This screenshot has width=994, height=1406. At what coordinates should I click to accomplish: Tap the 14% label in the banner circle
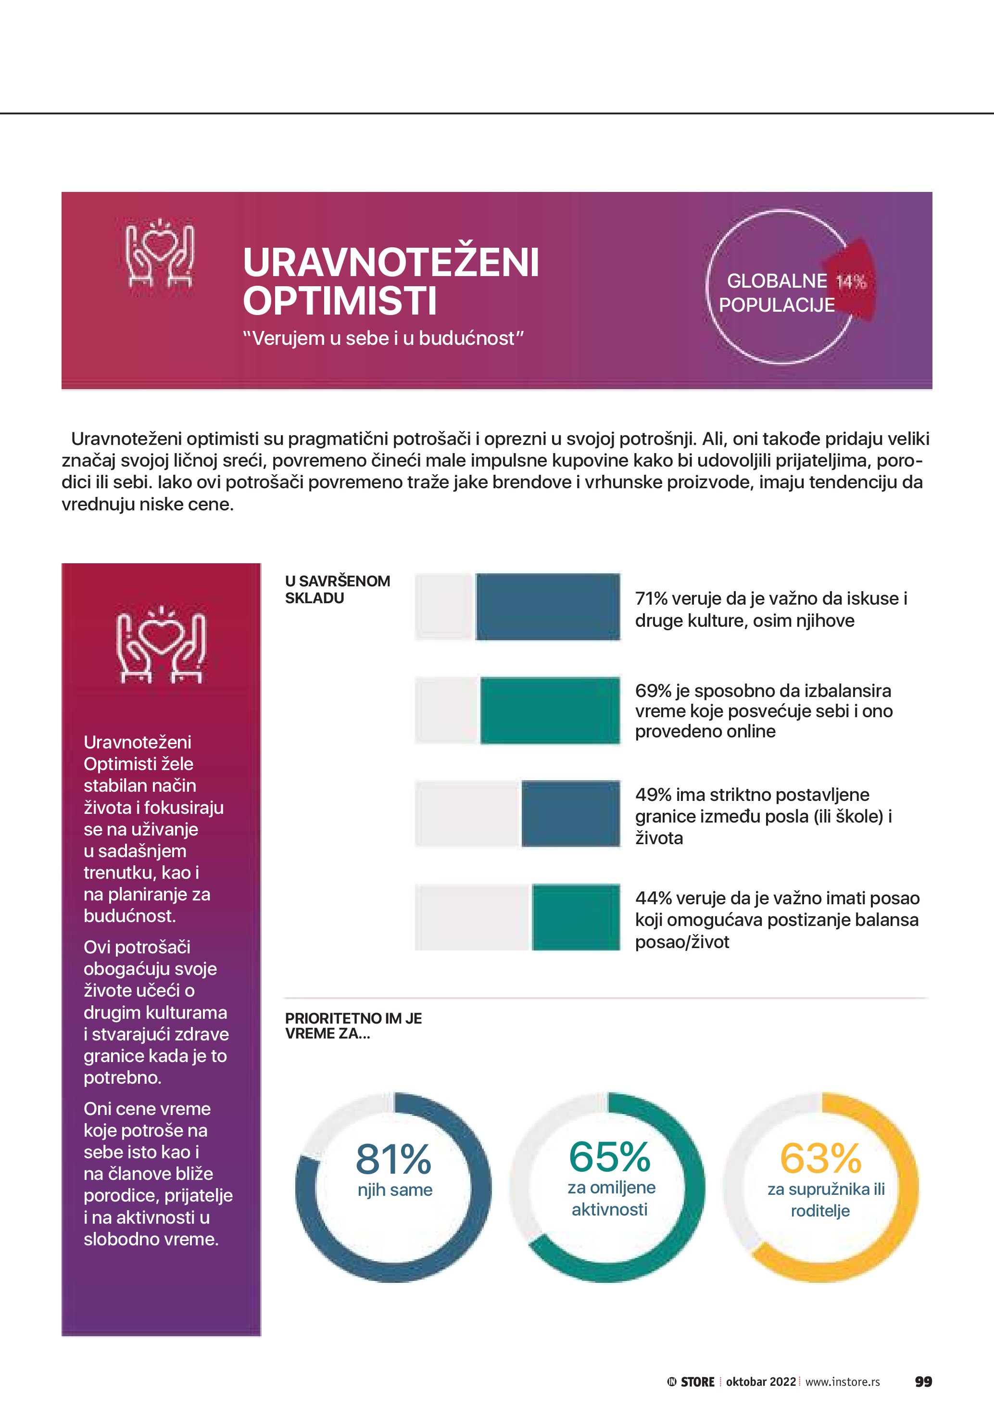(851, 282)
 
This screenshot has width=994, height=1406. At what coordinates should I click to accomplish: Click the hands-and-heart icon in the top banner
(160, 253)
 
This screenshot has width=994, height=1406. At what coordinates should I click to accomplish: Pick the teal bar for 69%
(550, 710)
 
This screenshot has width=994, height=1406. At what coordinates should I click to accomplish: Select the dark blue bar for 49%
(570, 814)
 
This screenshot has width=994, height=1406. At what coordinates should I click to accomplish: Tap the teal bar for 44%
(575, 917)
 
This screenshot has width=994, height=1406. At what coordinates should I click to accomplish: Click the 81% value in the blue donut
(393, 1159)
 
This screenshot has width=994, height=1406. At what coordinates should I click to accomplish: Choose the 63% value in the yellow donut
(820, 1158)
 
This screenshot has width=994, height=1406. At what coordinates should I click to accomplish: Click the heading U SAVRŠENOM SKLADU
(337, 589)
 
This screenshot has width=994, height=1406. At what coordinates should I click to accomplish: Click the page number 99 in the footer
(923, 1381)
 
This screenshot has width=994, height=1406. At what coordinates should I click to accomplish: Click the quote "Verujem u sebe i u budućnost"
(383, 338)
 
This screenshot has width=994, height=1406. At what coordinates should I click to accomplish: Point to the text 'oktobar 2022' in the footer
(761, 1381)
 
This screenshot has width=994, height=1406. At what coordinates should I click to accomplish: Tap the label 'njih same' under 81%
(395, 1190)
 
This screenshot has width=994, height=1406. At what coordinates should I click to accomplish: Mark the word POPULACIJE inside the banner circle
(776, 305)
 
